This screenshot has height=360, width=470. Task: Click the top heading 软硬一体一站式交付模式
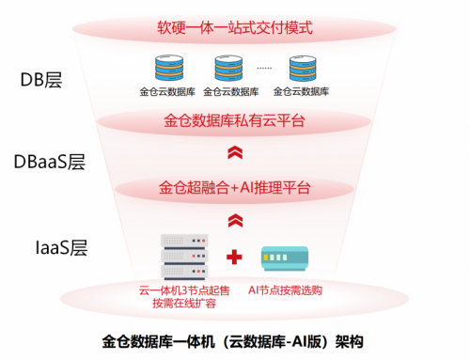click(235, 27)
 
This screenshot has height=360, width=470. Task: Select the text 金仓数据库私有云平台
click(235, 121)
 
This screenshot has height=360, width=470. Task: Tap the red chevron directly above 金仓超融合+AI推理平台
click(235, 153)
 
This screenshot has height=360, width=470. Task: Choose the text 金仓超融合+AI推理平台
click(235, 188)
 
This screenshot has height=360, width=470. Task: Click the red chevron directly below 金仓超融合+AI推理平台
click(235, 221)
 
